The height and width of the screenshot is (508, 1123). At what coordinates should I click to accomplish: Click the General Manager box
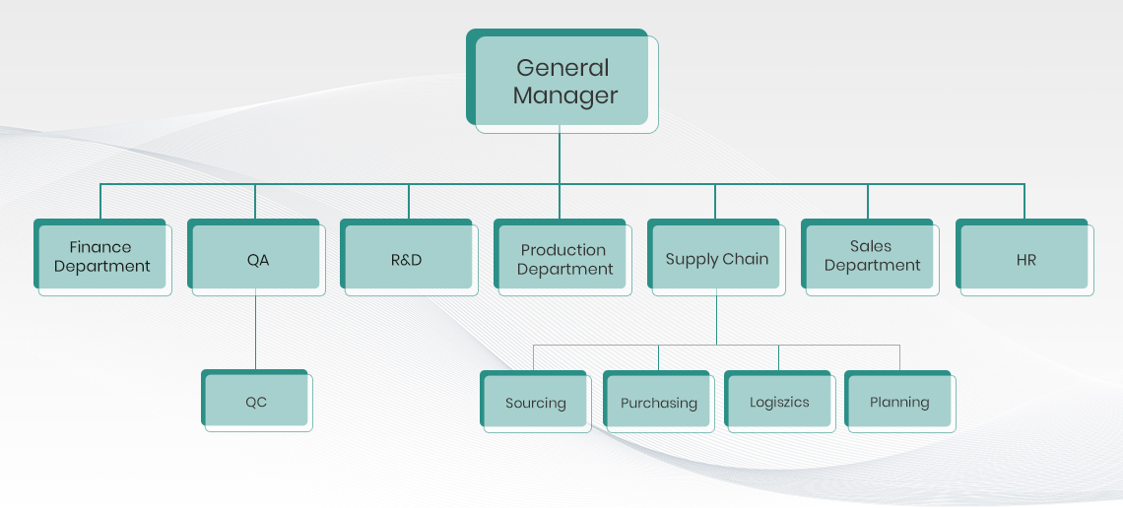pos(561,81)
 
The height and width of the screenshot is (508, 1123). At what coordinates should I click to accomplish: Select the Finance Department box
pos(102,257)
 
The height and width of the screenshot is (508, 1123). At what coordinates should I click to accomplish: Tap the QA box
pos(257,260)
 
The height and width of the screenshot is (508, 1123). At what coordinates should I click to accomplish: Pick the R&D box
pos(407,260)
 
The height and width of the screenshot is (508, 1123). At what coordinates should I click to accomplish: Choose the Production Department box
pos(563,260)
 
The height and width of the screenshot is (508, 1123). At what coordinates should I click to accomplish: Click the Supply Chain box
pos(716,260)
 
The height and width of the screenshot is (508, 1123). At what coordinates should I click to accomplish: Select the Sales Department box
pos(871,257)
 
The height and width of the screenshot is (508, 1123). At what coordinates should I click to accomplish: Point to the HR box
pos(1025,260)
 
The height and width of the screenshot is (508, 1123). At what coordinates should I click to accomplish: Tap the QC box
pos(256,402)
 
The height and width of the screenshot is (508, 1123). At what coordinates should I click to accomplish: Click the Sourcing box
pos(535,403)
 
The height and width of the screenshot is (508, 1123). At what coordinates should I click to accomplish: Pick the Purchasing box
pos(658,403)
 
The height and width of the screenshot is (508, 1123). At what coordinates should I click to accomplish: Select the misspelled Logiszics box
pos(779,403)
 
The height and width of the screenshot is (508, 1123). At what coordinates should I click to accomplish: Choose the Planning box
pos(899,403)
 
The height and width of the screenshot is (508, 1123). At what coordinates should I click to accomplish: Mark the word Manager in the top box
pos(565,96)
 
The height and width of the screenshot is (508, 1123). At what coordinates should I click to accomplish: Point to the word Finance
pos(99,246)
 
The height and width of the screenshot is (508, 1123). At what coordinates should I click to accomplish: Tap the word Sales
pos(871,246)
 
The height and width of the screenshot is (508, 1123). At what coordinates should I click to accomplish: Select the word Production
pos(563,250)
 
